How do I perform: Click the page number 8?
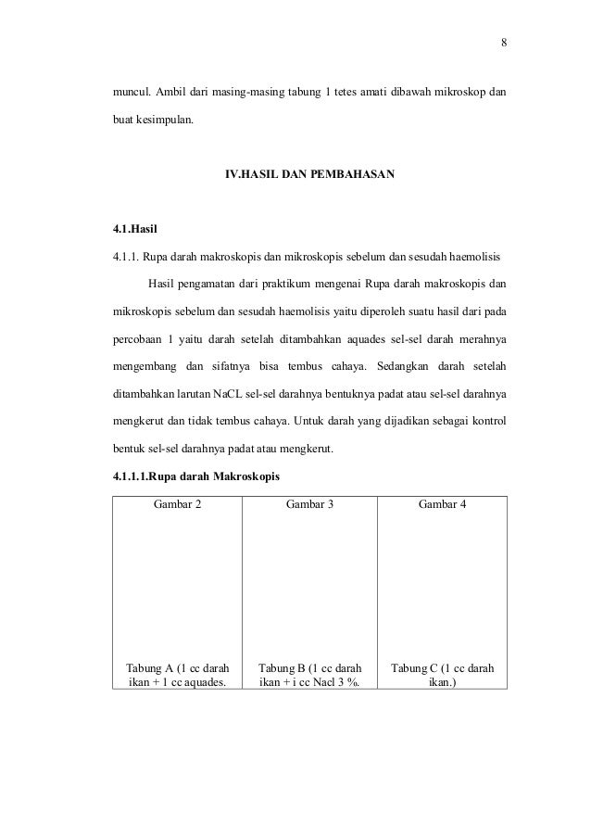[504, 43]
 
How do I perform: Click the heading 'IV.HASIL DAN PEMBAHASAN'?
[309, 173]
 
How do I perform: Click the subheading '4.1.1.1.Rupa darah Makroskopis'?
[195, 477]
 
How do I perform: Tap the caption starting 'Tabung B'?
[309, 675]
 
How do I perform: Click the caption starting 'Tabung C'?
[442, 675]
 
